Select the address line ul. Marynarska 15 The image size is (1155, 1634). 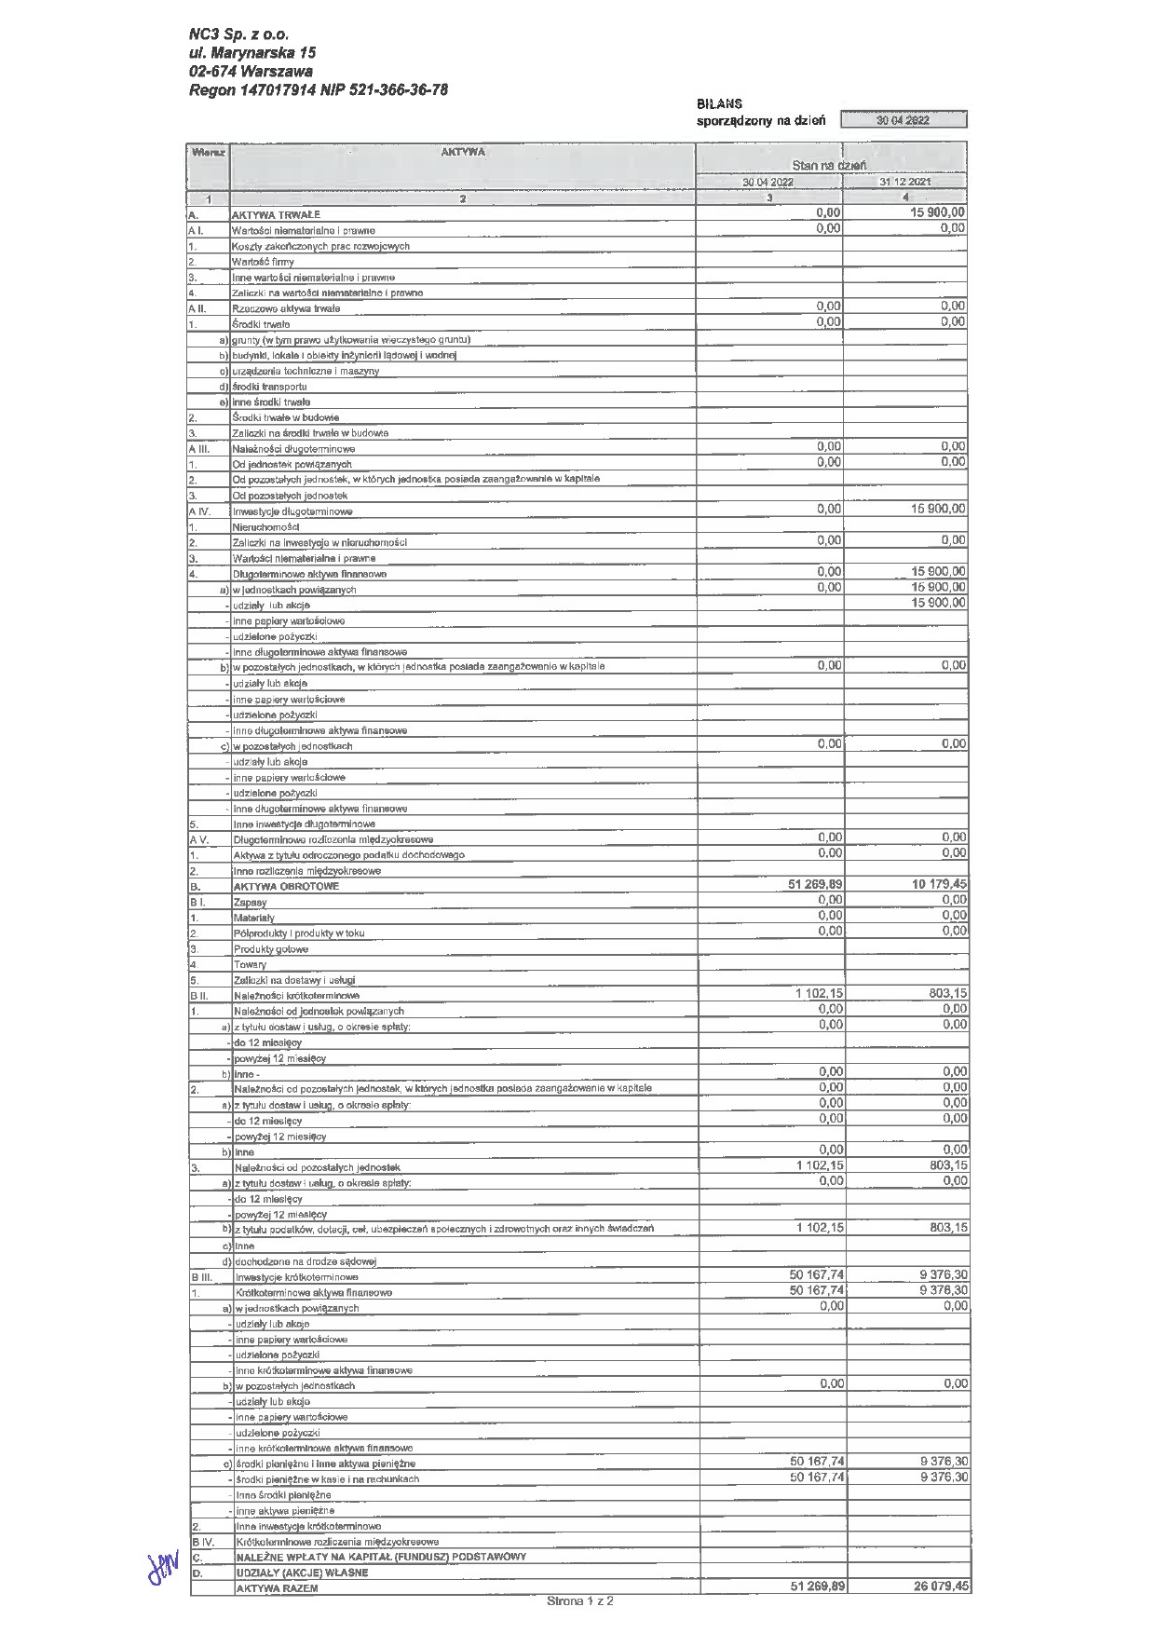251,53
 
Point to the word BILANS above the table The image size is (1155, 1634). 719,104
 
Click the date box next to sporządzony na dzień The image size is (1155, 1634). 903,120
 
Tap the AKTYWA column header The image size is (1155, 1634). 462,152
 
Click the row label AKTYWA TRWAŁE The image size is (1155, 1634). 276,214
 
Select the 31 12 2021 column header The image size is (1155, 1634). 904,182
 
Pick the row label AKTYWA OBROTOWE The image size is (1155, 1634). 286,886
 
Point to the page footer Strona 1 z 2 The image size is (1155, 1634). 580,1601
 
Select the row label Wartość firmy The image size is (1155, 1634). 263,262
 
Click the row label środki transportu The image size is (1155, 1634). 269,387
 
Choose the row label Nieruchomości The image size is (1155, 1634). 265,527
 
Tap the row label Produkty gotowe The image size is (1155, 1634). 271,949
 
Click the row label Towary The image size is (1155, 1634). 250,965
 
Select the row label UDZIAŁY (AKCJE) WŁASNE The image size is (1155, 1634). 302,1573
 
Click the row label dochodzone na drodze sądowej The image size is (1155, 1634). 305,1261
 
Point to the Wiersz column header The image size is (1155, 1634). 208,152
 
